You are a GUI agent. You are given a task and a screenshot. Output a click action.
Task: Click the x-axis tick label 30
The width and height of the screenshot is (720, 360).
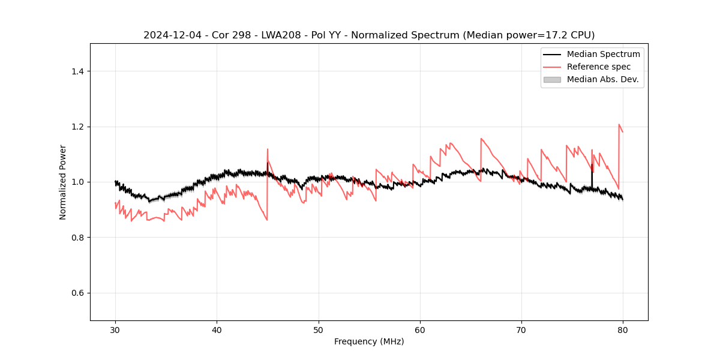coord(115,329)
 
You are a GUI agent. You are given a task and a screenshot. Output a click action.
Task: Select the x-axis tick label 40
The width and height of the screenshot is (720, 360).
coord(217,329)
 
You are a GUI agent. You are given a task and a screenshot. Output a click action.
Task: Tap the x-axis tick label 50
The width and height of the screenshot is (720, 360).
coord(318,329)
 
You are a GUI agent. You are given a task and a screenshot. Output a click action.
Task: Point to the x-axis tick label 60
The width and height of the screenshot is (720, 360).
coord(419,329)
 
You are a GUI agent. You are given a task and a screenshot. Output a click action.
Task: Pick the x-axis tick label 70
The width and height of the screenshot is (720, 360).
coord(521,329)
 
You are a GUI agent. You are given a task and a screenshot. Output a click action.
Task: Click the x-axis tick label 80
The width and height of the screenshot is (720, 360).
coord(623,329)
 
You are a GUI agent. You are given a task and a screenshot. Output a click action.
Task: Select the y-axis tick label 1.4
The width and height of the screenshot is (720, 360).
coord(77,71)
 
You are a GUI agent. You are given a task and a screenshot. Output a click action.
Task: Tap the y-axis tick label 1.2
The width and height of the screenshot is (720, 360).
coord(77,127)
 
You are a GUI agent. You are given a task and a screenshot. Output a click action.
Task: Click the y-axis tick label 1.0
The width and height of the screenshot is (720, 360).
coord(77,182)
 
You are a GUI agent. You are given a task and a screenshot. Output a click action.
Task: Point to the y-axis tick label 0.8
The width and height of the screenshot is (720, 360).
coord(77,238)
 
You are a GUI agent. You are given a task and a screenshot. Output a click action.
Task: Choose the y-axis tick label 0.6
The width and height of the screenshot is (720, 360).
coord(77,293)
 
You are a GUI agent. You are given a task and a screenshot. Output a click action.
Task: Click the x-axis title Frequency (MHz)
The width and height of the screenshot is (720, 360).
coord(369,341)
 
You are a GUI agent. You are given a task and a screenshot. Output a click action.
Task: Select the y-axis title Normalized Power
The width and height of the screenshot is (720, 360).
coord(63,182)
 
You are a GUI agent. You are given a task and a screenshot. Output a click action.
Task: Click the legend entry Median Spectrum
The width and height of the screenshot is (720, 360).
coord(603,54)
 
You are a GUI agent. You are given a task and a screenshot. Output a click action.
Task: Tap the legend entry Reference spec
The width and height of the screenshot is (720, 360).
coord(599,67)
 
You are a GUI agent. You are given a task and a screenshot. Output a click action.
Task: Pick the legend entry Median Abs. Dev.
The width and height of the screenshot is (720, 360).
coord(602,79)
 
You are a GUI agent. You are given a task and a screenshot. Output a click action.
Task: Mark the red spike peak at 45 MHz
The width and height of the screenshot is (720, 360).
coord(268,149)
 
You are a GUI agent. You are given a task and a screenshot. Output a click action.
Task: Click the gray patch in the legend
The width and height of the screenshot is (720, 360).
coord(552,79)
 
